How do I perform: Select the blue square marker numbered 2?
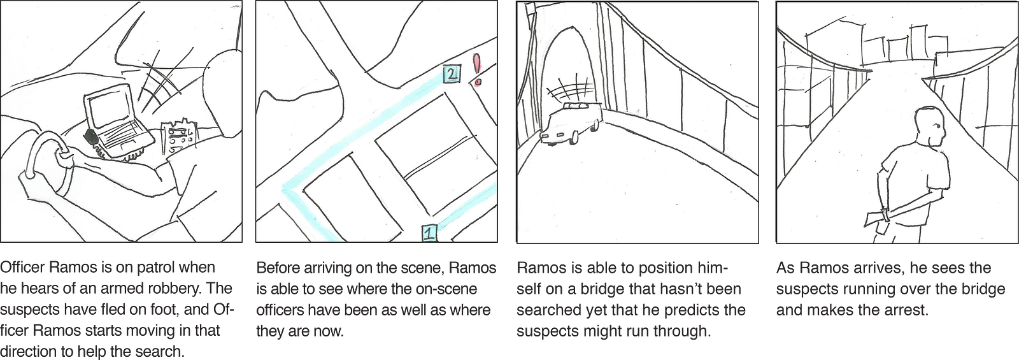point(451,74)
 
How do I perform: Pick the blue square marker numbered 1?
point(429,233)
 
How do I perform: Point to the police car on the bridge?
point(571,123)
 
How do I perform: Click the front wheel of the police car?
point(574,137)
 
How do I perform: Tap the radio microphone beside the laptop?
point(90,138)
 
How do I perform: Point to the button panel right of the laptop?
point(179,135)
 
